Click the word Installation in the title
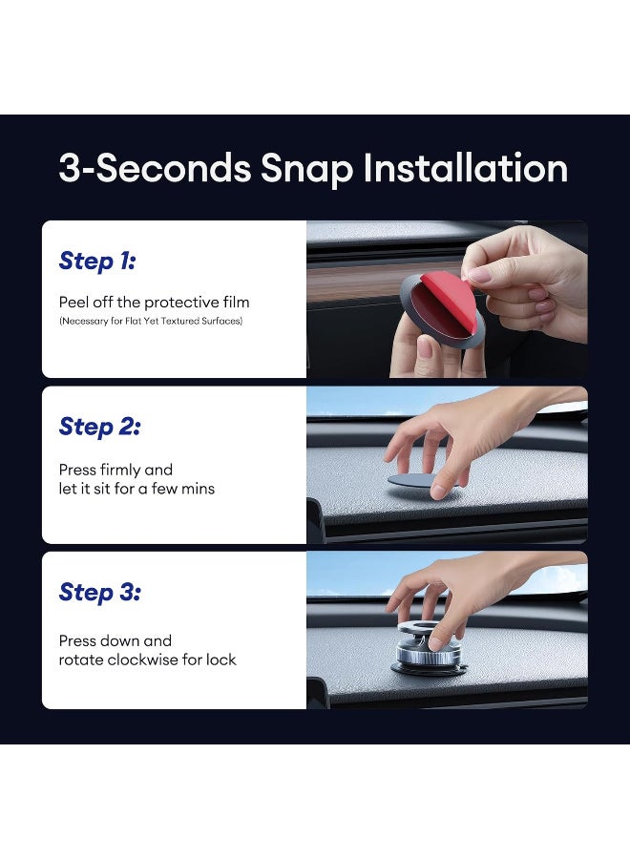click(465, 169)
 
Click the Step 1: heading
click(98, 261)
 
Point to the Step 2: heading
click(99, 427)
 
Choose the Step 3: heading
click(99, 592)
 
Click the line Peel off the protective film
click(154, 303)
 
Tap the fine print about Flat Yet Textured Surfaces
click(151, 321)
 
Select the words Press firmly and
click(115, 470)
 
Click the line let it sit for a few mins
click(136, 489)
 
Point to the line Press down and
click(115, 640)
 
